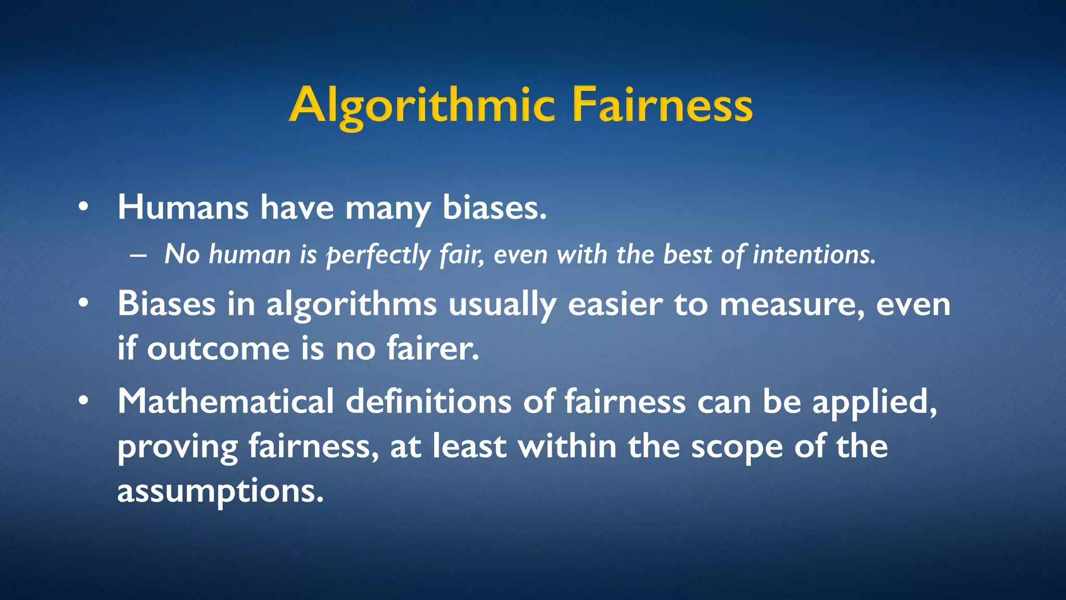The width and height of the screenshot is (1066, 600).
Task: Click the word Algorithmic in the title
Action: [x=422, y=106]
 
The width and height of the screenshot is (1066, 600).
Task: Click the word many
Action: [x=388, y=208]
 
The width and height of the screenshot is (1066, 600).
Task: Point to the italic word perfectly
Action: [x=378, y=255]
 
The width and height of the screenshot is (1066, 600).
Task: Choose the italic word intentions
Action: [x=815, y=255]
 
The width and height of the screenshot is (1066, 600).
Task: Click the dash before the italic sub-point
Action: [x=138, y=256]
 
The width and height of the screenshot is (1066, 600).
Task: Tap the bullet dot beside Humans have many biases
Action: [x=83, y=207]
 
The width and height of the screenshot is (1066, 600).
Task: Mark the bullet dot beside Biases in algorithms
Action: [x=83, y=304]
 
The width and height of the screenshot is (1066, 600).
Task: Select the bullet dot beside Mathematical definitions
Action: [x=83, y=401]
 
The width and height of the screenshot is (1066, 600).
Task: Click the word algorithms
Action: [x=351, y=305]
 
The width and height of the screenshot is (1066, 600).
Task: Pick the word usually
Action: [x=502, y=305]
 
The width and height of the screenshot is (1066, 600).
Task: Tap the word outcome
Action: [x=218, y=348]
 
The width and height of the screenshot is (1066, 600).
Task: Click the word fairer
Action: [x=433, y=348]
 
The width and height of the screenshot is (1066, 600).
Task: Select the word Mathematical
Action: [x=225, y=402]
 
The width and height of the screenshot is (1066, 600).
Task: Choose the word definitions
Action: [x=428, y=402]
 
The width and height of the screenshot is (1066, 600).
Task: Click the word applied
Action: [x=874, y=403]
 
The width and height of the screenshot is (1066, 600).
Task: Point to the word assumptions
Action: [x=220, y=491]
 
